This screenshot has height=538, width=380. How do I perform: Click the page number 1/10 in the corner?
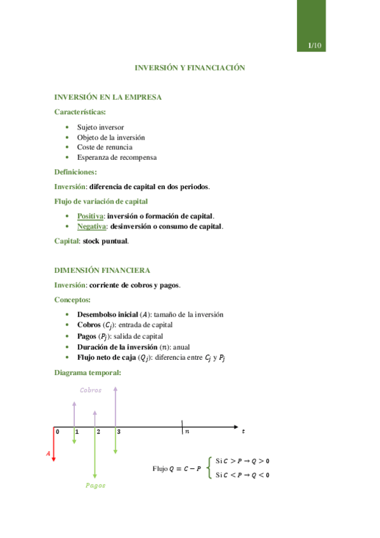tap(315, 46)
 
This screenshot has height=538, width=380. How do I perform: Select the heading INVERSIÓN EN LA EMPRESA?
tap(108, 97)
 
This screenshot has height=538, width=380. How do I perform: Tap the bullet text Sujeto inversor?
tap(100, 127)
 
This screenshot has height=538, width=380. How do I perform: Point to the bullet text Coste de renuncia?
tap(105, 147)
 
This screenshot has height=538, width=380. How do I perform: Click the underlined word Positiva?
tap(91, 216)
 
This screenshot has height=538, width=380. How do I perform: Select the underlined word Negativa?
tap(91, 226)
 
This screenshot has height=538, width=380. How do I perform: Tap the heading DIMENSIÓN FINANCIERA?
tap(102, 270)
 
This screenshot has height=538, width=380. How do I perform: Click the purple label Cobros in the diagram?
tap(91, 390)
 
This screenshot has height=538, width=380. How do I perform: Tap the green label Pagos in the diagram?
tap(96, 485)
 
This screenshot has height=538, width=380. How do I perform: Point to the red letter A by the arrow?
tap(48, 453)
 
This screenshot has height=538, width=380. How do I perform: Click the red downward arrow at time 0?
tap(53, 444)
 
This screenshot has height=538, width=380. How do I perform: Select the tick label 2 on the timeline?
tap(98, 431)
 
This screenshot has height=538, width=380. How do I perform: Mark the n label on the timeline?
tap(187, 431)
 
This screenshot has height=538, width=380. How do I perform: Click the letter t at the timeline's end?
tap(244, 431)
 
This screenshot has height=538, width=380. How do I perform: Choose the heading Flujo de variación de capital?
tap(102, 201)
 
